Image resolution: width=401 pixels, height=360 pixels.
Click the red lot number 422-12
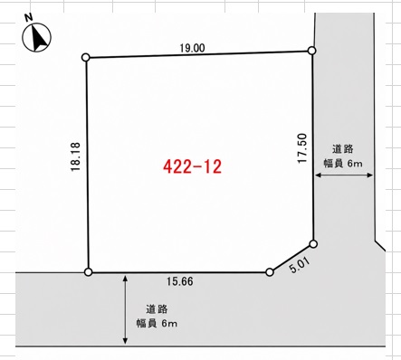point(193,166)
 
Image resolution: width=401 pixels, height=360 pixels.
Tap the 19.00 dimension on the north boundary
point(192,48)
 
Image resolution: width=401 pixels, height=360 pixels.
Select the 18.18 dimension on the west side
point(75,156)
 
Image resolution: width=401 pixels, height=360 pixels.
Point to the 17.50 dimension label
point(302,148)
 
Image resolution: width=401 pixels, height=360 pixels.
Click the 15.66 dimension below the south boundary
point(180,281)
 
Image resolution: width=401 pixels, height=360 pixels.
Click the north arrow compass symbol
point(36,37)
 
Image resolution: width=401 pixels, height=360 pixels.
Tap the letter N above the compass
point(29,17)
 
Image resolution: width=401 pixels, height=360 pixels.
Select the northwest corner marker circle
point(86,57)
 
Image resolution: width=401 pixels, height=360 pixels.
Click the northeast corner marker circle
point(312,51)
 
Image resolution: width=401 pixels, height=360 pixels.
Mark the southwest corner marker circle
point(88,272)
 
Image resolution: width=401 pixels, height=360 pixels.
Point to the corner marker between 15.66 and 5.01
point(270,272)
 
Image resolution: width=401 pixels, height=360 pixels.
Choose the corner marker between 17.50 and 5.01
point(313,244)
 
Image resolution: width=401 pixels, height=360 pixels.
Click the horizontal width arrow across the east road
point(344,175)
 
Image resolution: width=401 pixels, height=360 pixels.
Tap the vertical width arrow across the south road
point(125,309)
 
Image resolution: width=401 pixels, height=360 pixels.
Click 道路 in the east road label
point(343,149)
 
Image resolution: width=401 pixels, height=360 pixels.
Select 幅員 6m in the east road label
point(343,164)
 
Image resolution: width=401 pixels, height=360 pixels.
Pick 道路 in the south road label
point(157,309)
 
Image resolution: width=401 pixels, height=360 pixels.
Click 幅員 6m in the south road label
point(157,324)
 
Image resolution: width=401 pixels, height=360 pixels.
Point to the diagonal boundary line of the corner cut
point(291,258)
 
